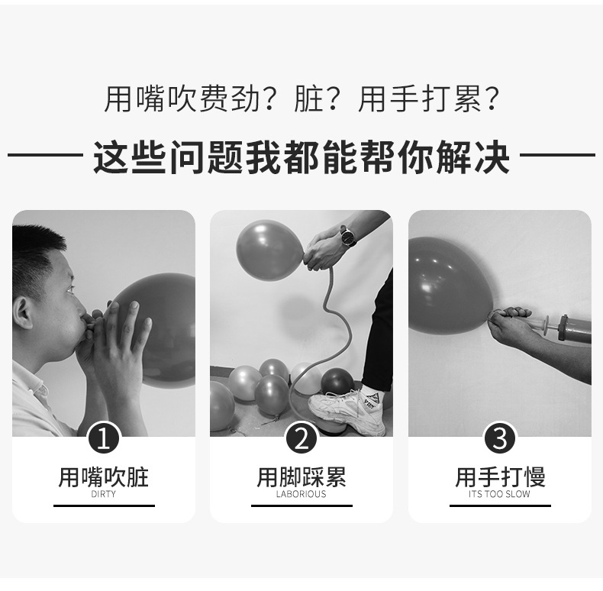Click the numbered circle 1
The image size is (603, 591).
click(x=104, y=439)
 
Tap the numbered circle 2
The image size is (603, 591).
click(x=301, y=439)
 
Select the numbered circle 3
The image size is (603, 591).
click(x=500, y=439)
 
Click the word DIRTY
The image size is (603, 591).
click(x=104, y=494)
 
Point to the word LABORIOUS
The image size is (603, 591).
click(x=301, y=494)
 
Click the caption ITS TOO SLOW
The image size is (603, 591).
click(x=500, y=494)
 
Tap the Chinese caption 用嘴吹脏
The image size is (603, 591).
click(x=104, y=477)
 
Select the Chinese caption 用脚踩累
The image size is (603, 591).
click(x=301, y=477)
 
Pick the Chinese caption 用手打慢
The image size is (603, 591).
click(x=500, y=477)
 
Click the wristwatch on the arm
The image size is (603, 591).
click(x=348, y=237)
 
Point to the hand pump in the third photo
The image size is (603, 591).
click(x=569, y=327)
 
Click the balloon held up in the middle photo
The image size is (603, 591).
click(x=269, y=250)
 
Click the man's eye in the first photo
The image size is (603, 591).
click(x=69, y=289)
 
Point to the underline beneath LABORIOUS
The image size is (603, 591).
click(x=301, y=505)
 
